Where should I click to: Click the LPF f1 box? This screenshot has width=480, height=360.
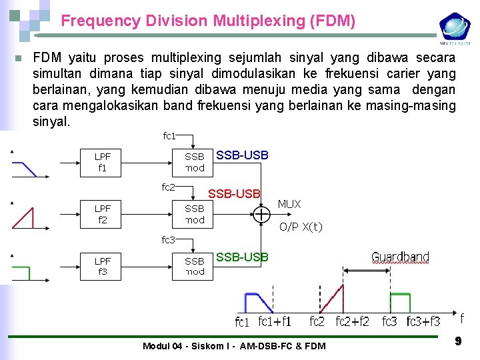coord(102,163)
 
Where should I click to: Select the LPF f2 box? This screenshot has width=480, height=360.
coord(102,214)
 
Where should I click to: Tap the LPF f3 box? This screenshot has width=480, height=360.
coord(102,266)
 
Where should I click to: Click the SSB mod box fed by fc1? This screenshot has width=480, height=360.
coord(195,163)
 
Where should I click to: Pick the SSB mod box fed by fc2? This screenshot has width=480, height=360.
coord(195,214)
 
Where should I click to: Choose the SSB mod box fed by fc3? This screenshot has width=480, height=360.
coord(195,266)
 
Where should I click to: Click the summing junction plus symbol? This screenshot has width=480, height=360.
coord(261,214)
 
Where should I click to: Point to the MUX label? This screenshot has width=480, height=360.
coord(289,204)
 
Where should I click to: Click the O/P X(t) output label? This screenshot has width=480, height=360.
coord(301,227)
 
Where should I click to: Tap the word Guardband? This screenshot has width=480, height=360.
coord(400,257)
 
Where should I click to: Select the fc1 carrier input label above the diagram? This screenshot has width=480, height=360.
coord(169,136)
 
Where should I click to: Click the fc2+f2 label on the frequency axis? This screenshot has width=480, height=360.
coord(352,322)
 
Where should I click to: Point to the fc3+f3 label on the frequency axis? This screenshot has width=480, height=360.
coord(423,322)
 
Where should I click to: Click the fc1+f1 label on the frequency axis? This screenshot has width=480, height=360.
coord(275,322)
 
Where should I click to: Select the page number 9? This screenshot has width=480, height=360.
coord(458,341)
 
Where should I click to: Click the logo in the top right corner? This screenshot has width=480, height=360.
coord(455,29)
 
